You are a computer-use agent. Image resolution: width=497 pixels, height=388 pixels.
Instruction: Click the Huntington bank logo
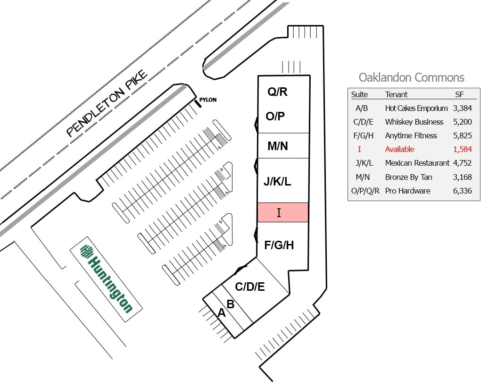106,279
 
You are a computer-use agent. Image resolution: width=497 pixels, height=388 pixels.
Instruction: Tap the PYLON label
207,100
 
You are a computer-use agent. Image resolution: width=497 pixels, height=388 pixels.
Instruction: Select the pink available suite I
282,212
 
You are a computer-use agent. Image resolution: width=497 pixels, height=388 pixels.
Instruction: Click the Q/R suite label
277,92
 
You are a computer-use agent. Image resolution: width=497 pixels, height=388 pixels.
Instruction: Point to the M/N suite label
277,146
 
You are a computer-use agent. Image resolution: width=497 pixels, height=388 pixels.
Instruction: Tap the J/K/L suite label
277,181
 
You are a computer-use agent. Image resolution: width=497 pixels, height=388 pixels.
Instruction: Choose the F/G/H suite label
279,245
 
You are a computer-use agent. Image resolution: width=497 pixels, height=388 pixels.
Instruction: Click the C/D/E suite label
250,287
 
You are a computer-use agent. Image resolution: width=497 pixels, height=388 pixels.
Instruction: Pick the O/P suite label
275,116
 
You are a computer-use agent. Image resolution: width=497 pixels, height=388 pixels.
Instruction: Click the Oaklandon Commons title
411,78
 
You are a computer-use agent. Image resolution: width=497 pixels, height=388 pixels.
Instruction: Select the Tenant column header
396,94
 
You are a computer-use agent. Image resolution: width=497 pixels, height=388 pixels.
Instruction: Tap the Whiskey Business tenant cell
414,122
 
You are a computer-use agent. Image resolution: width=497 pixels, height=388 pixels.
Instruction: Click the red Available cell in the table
399,149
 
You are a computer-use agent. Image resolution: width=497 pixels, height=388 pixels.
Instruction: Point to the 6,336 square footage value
462,191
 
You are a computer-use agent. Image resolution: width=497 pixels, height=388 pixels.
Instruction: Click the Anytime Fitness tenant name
411,135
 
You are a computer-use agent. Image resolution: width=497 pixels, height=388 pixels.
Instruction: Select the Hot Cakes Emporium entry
416,108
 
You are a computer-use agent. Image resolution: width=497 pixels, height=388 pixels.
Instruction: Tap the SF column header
459,94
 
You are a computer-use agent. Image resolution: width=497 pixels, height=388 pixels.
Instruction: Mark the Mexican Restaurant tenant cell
417,163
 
